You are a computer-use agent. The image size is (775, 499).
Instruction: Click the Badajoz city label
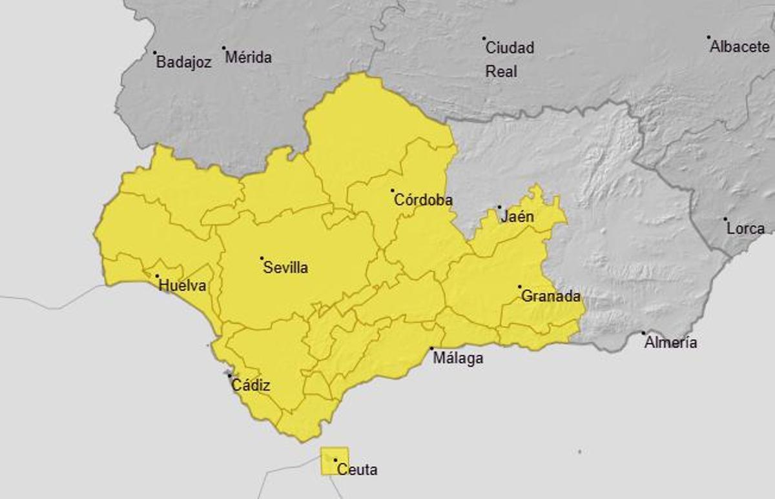click(184, 63)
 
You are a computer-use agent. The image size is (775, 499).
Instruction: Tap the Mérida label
click(249, 57)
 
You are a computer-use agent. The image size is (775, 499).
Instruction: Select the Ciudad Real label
click(510, 59)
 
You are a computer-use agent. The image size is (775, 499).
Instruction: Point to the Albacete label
click(740, 46)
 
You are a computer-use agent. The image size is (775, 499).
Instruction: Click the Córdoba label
click(423, 200)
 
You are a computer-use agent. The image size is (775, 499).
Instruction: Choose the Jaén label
click(517, 216)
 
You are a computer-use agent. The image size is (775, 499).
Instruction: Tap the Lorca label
click(745, 228)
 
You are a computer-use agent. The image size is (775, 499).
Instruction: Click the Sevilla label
click(285, 267)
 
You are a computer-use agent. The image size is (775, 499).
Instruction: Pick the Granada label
click(550, 296)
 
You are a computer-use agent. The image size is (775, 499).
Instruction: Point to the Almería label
click(670, 343)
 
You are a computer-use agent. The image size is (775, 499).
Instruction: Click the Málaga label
click(458, 358)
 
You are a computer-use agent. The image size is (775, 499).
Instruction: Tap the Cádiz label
click(251, 386)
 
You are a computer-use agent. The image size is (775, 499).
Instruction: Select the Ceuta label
click(358, 469)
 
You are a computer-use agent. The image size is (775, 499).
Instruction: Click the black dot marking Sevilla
click(262, 258)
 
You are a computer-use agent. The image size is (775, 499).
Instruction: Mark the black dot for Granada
click(520, 287)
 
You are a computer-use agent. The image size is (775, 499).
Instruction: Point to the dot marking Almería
click(643, 333)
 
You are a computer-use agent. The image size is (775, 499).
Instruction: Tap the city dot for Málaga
click(432, 349)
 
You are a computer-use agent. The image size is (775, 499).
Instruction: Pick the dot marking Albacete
click(708, 37)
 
